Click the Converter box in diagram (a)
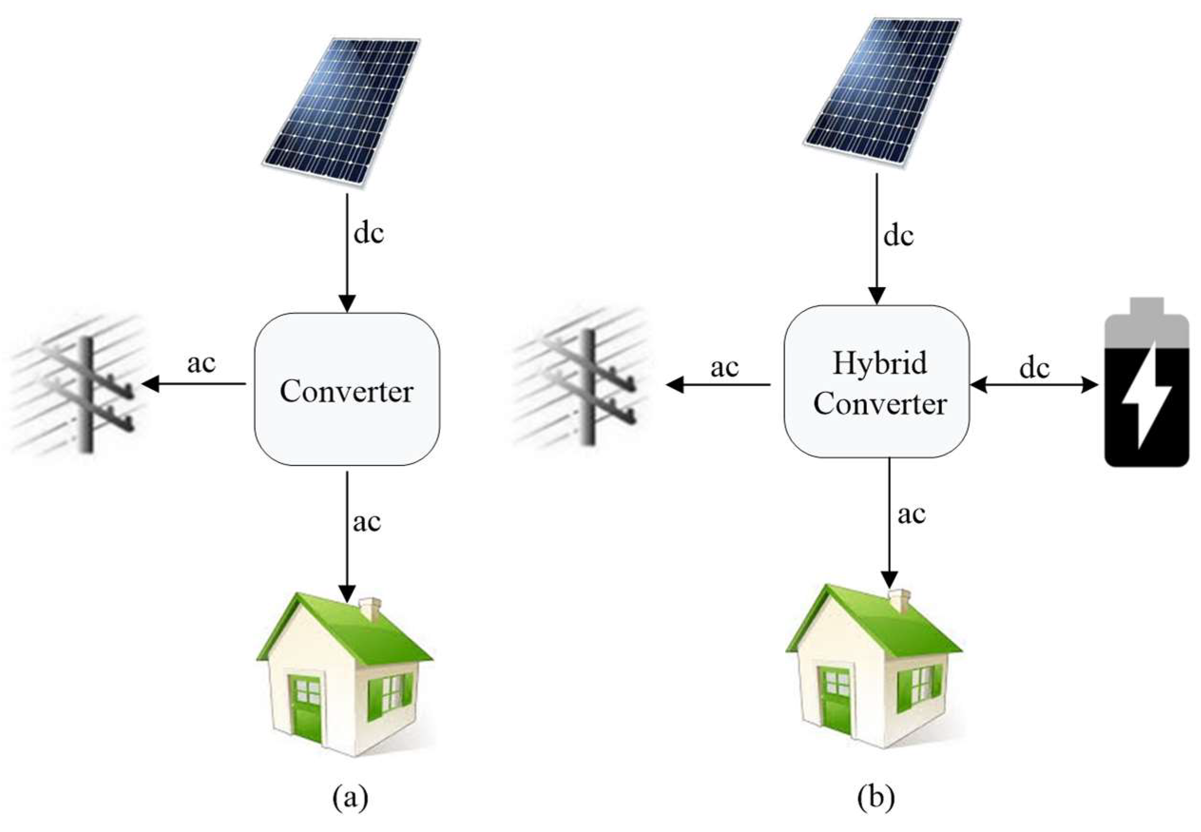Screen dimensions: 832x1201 coord(346,388)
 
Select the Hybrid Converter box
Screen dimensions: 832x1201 coord(876,382)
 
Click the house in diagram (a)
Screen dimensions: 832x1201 coord(344,672)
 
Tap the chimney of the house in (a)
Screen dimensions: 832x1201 coord(370,609)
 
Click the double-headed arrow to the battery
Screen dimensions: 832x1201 coord(1034,385)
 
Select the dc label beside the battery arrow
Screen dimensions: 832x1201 coord(1034,368)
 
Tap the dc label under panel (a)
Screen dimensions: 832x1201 coord(368,233)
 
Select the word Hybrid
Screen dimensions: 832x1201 coord(880,363)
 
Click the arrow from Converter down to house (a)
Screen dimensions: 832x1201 coord(347,537)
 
